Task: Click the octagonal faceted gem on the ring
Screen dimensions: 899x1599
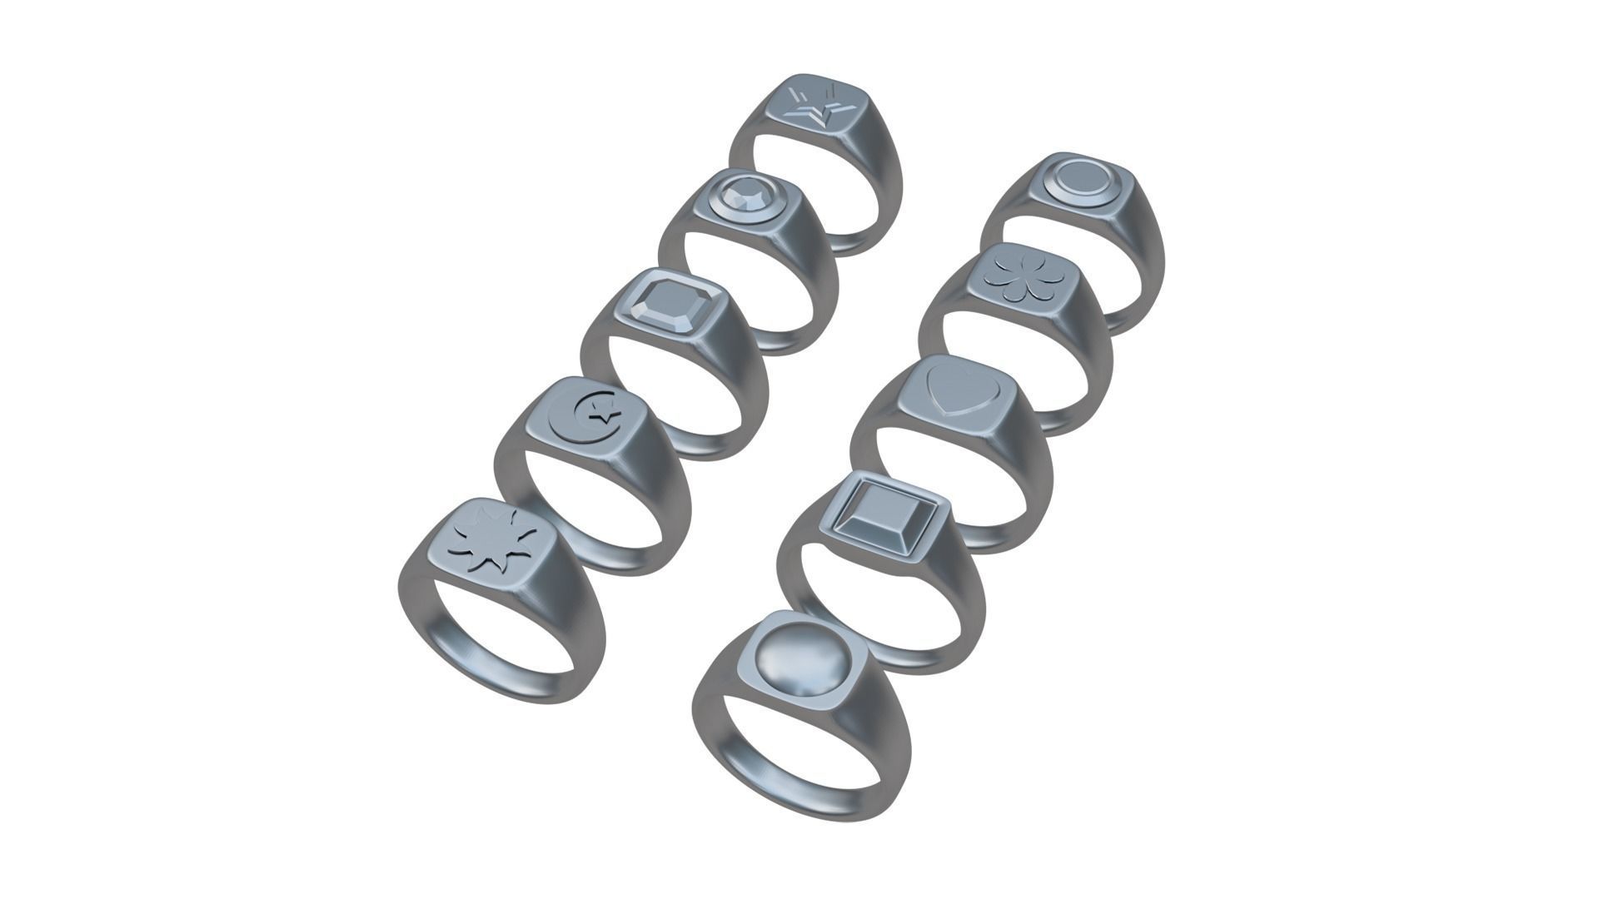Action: click(x=665, y=305)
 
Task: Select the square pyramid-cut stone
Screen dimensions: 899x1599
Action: click(x=880, y=516)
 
